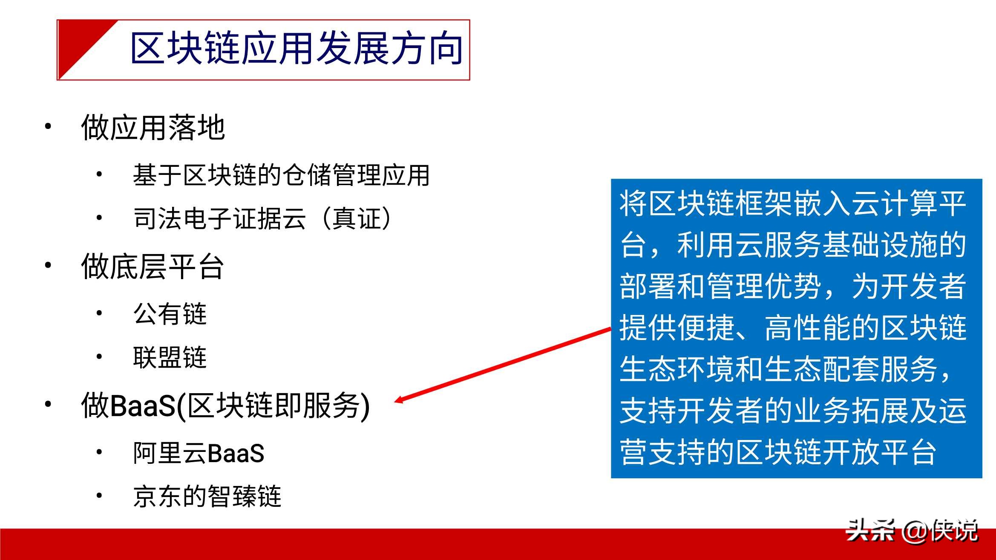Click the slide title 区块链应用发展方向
click(x=296, y=49)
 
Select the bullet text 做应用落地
click(x=153, y=127)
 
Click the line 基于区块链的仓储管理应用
click(x=281, y=175)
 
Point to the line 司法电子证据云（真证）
click(x=262, y=218)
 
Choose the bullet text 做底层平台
click(x=153, y=266)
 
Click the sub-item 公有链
click(x=170, y=314)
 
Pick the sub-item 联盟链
click(x=170, y=357)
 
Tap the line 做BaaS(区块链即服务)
click(x=225, y=406)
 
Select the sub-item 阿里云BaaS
click(x=199, y=453)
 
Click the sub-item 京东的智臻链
click(x=207, y=496)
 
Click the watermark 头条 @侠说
click(x=912, y=531)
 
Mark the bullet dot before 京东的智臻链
click(x=99, y=495)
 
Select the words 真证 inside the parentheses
click(x=356, y=218)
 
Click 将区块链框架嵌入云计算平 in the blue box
click(x=793, y=203)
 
